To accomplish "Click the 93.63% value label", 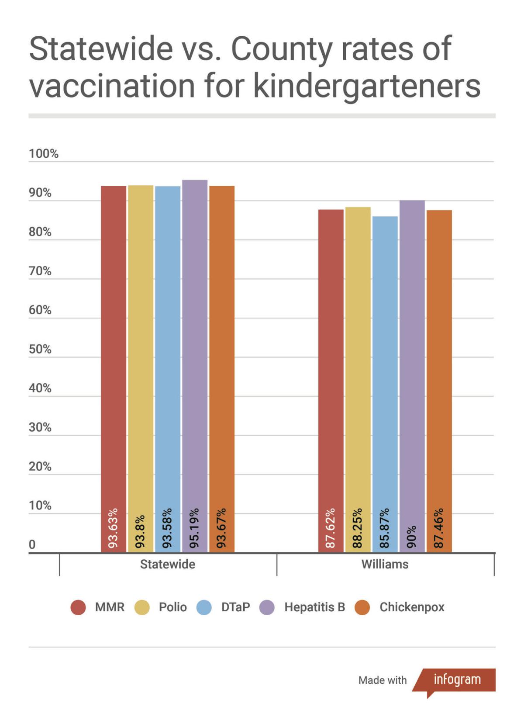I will (114, 528).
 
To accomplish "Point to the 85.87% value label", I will (385, 528).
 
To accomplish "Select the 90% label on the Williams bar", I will (412, 537).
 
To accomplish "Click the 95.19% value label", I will (195, 528).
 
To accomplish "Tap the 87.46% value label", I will (439, 528).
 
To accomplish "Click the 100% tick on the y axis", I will (44, 154).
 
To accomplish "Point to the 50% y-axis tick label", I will (40, 349).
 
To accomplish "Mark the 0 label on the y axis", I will (32, 544).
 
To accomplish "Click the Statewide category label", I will (168, 564).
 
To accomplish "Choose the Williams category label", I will (385, 564).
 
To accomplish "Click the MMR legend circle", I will (78, 607).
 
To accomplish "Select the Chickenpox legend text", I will (412, 607).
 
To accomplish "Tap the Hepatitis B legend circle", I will (267, 607).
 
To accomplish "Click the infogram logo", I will (457, 679).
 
